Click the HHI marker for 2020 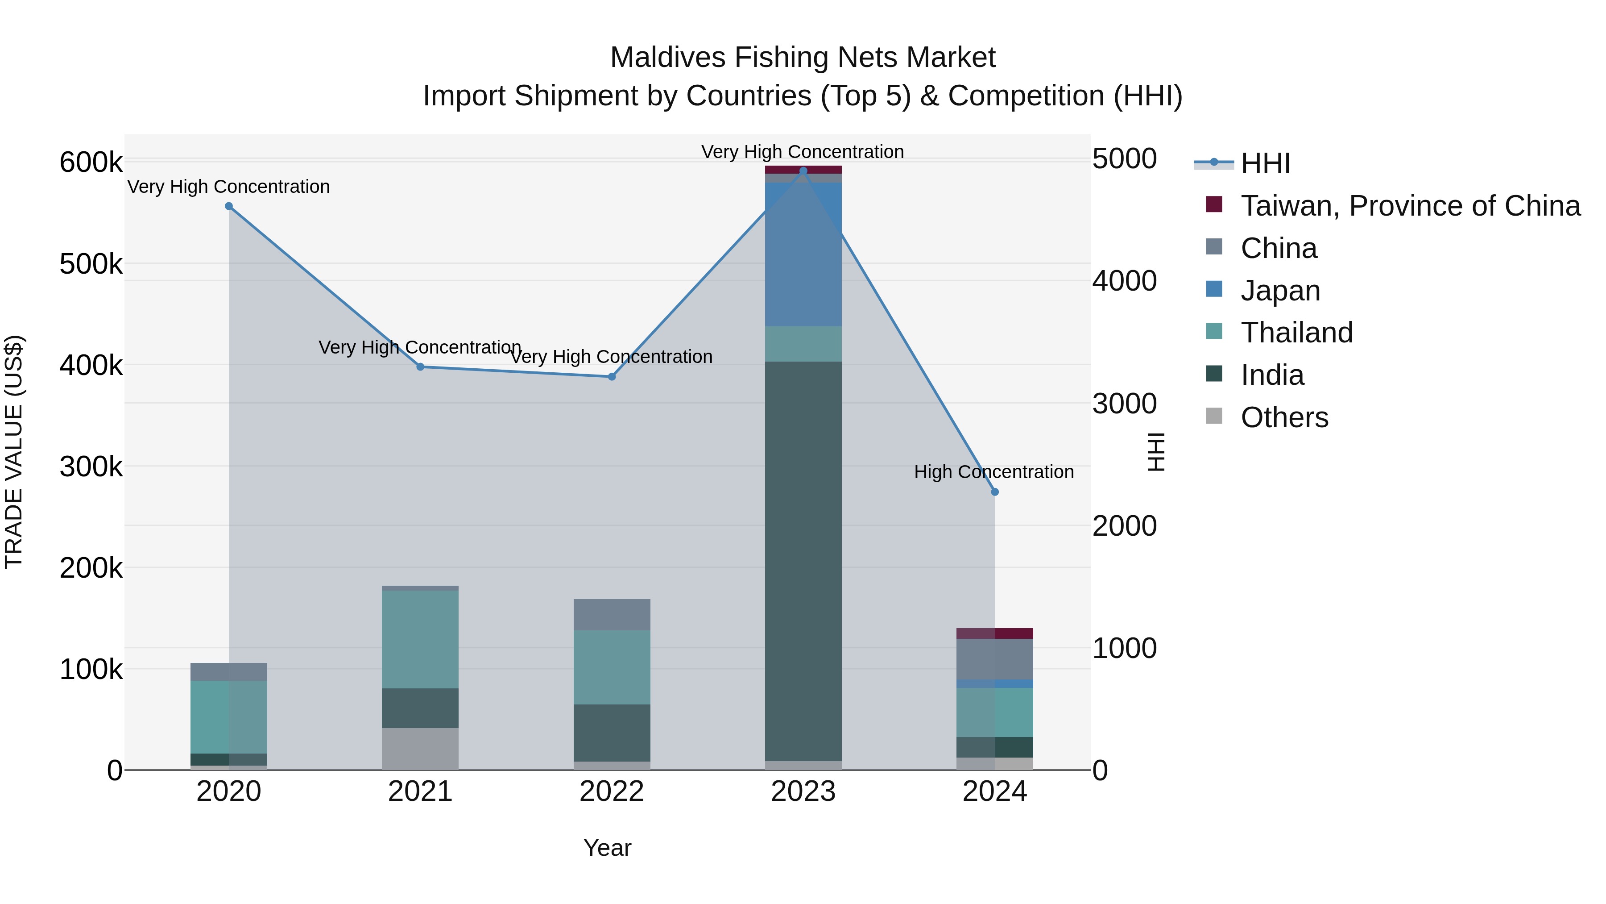(229, 207)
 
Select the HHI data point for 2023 (803, 171)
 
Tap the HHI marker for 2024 (995, 492)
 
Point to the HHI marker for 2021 (420, 367)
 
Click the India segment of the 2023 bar (803, 562)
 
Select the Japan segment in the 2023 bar (803, 254)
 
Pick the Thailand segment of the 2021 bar (420, 639)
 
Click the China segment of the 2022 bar (612, 615)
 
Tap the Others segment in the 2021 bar (420, 749)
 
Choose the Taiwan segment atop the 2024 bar (995, 633)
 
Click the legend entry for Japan (1280, 291)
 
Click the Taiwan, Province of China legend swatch (1214, 204)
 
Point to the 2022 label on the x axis (612, 792)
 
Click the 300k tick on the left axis (91, 467)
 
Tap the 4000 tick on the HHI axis (1125, 281)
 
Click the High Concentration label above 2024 (994, 472)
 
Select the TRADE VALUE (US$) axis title (14, 452)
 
